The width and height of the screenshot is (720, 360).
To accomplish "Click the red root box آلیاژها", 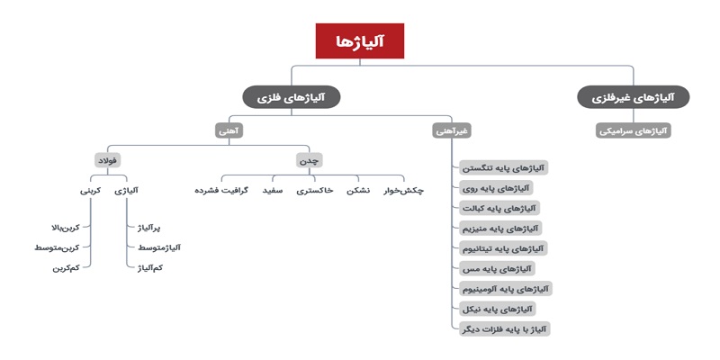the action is tap(359, 40).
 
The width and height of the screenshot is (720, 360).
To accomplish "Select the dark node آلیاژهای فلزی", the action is tap(291, 97).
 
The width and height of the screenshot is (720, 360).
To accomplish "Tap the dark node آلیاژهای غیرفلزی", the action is tap(634, 97).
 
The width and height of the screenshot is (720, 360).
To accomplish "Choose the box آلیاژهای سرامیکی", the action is tap(634, 130).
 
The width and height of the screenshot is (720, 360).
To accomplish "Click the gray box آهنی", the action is tap(229, 130).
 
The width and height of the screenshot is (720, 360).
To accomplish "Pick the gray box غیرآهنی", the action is tap(452, 130).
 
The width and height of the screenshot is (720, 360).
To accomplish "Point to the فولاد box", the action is tap(108, 161).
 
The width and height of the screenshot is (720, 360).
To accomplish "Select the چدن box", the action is tap(309, 161).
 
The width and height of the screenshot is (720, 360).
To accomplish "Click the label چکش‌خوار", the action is tap(403, 191).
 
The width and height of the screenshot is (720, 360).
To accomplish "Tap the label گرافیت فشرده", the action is tap(221, 190).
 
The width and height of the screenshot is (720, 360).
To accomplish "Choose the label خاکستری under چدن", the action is tap(315, 190).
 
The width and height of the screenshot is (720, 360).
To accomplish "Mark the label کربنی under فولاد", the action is tap(90, 190).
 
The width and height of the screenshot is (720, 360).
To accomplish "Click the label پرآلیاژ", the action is tap(149, 228).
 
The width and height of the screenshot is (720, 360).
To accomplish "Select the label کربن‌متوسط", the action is tap(57, 247).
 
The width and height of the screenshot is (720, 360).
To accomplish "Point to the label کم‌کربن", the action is tap(66, 268).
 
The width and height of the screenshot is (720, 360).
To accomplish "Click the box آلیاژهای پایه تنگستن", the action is tap(504, 167).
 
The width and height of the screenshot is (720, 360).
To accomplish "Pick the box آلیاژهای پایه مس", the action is tap(498, 268).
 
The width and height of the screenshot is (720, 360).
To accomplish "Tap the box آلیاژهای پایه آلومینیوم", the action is tap(505, 288).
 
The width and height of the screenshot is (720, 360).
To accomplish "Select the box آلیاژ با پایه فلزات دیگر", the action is tap(504, 328).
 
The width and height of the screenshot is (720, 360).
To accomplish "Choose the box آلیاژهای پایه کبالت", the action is tap(499, 208).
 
